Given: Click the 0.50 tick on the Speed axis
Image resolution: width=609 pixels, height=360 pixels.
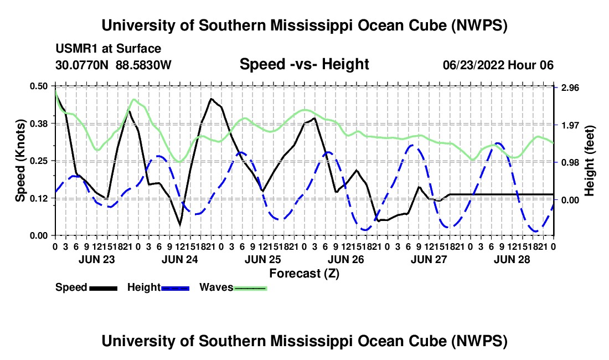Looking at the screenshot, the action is [38, 86].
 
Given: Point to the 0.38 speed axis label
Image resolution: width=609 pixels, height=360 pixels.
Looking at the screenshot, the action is [38, 124].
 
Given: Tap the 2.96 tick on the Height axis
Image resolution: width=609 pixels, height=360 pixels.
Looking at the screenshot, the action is [570, 88].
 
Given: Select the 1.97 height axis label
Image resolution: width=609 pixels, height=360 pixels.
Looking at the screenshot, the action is [570, 125].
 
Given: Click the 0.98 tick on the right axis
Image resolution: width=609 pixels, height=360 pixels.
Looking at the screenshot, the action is [570, 162].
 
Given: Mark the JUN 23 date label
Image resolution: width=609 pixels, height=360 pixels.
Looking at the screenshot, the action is [97, 259].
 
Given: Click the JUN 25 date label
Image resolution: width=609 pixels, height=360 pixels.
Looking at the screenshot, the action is [263, 259].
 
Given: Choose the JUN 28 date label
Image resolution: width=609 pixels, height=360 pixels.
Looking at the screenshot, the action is [512, 259].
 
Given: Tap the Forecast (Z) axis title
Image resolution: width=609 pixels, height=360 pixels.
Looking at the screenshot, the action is [304, 274].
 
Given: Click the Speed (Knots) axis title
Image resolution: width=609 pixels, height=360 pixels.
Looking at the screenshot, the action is [20, 161].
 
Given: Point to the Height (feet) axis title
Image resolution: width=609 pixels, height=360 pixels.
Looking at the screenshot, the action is [589, 161].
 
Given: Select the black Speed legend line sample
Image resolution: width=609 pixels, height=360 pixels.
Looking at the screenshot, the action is [104, 288].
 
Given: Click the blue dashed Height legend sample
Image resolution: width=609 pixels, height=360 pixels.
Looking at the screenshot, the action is [175, 288].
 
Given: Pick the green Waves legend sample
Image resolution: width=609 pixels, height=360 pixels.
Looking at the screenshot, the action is [250, 288].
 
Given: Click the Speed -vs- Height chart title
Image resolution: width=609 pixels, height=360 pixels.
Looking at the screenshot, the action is [304, 64].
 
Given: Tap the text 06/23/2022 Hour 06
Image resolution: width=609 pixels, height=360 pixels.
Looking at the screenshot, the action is [498, 65].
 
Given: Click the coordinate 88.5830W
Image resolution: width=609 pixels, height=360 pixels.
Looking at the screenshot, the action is [143, 64].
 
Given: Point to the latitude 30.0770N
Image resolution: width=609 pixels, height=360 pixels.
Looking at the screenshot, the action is [82, 64].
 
